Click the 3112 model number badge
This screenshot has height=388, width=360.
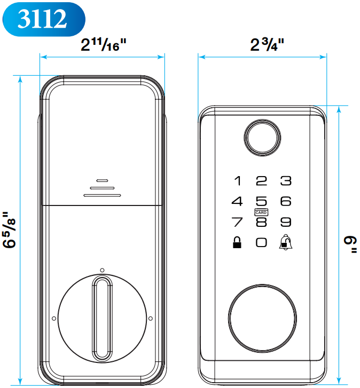point(43,19)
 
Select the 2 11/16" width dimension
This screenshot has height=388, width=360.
point(103,45)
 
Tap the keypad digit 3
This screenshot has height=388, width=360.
point(286,181)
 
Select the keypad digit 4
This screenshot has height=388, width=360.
point(237,202)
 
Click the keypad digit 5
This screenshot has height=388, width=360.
point(261,202)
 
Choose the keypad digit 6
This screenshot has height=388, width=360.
point(286,202)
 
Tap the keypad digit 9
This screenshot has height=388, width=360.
point(286,222)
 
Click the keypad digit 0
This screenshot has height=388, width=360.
point(261,242)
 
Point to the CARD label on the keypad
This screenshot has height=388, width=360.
point(261,212)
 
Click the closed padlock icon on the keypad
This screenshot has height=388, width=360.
point(236,242)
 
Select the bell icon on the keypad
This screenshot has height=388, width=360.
point(286,242)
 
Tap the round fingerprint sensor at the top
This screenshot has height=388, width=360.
point(262,137)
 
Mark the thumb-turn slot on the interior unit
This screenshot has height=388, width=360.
point(102,319)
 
